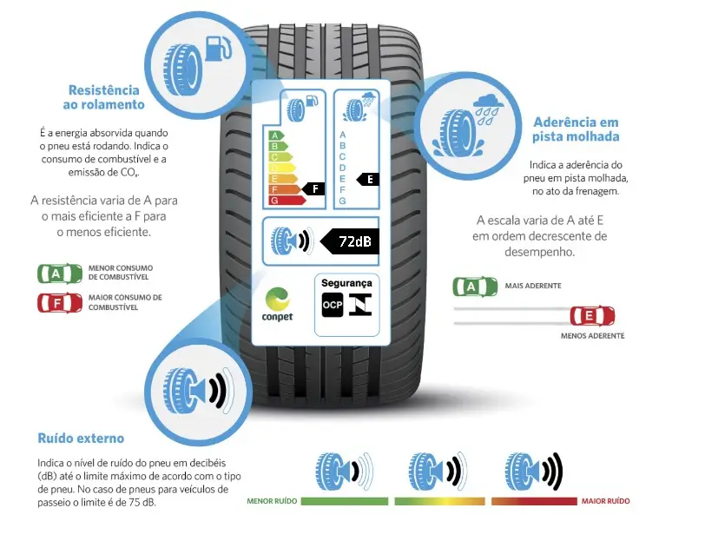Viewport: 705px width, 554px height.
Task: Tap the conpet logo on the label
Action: (277, 303)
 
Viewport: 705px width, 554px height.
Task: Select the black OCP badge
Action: (333, 305)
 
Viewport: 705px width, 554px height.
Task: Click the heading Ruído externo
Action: (81, 438)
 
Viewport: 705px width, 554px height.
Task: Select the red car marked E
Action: (591, 315)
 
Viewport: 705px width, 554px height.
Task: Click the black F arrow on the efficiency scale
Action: (313, 188)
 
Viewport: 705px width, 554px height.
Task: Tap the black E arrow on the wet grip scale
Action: (369, 179)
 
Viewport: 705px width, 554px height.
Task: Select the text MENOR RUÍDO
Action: (272, 501)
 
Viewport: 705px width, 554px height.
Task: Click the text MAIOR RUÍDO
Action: (606, 501)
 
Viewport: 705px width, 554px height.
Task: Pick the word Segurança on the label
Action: (346, 283)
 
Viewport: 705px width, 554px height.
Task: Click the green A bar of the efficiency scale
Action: (277, 135)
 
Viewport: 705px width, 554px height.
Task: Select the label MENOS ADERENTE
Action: (592, 335)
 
